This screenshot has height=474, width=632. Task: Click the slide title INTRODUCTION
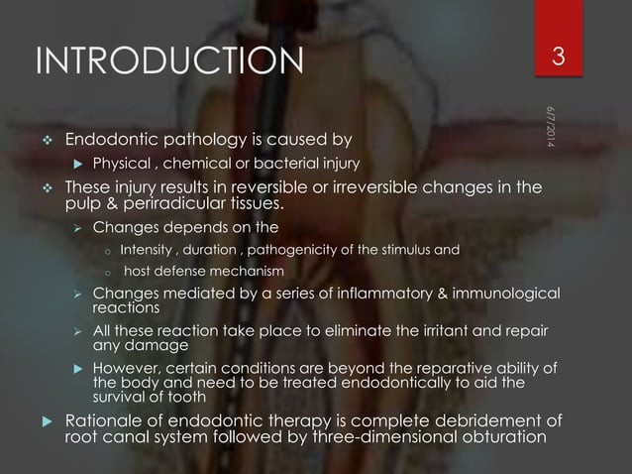coord(168,59)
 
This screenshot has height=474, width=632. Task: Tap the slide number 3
coord(558,58)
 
